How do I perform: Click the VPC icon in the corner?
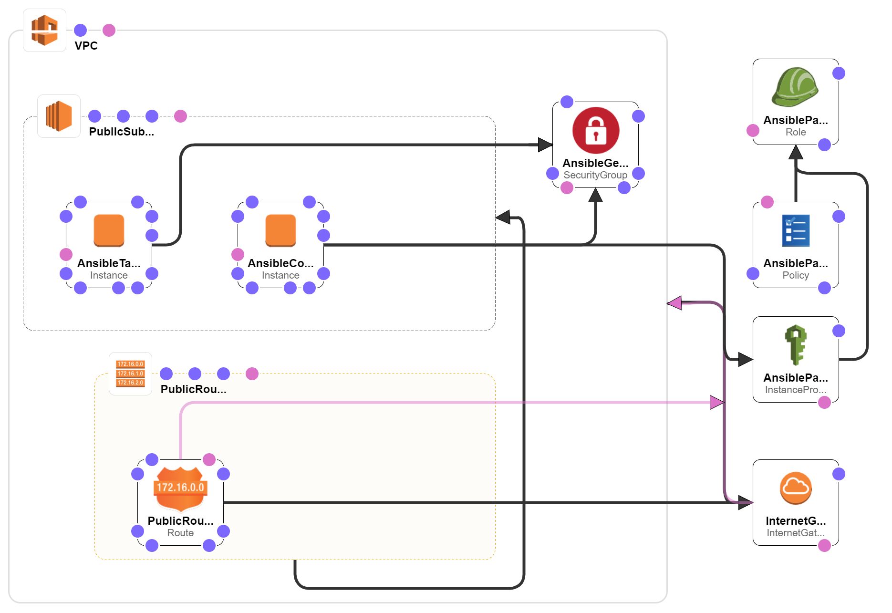pyautogui.click(x=44, y=30)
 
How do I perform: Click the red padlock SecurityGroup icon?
pyautogui.click(x=595, y=130)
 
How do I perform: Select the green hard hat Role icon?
pyautogui.click(x=795, y=87)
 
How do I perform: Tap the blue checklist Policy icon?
pyautogui.click(x=796, y=230)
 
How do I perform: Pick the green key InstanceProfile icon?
pyautogui.click(x=796, y=344)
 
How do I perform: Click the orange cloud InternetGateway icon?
pyautogui.click(x=796, y=488)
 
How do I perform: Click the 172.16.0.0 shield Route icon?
pyautogui.click(x=180, y=488)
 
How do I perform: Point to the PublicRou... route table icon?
pyautogui.click(x=130, y=374)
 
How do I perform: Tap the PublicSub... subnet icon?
pyautogui.click(x=59, y=116)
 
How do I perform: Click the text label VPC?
pyautogui.click(x=86, y=46)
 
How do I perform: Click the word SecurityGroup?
pyautogui.click(x=595, y=175)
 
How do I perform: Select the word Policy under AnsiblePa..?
pyautogui.click(x=796, y=275)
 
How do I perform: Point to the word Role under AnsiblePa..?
pyautogui.click(x=796, y=132)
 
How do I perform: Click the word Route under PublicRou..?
pyautogui.click(x=180, y=533)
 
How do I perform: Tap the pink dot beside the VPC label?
pyautogui.click(x=109, y=30)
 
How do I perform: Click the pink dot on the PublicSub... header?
pyautogui.click(x=180, y=116)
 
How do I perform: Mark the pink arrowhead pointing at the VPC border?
pyautogui.click(x=674, y=302)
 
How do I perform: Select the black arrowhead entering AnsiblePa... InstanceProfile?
pyautogui.click(x=745, y=359)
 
